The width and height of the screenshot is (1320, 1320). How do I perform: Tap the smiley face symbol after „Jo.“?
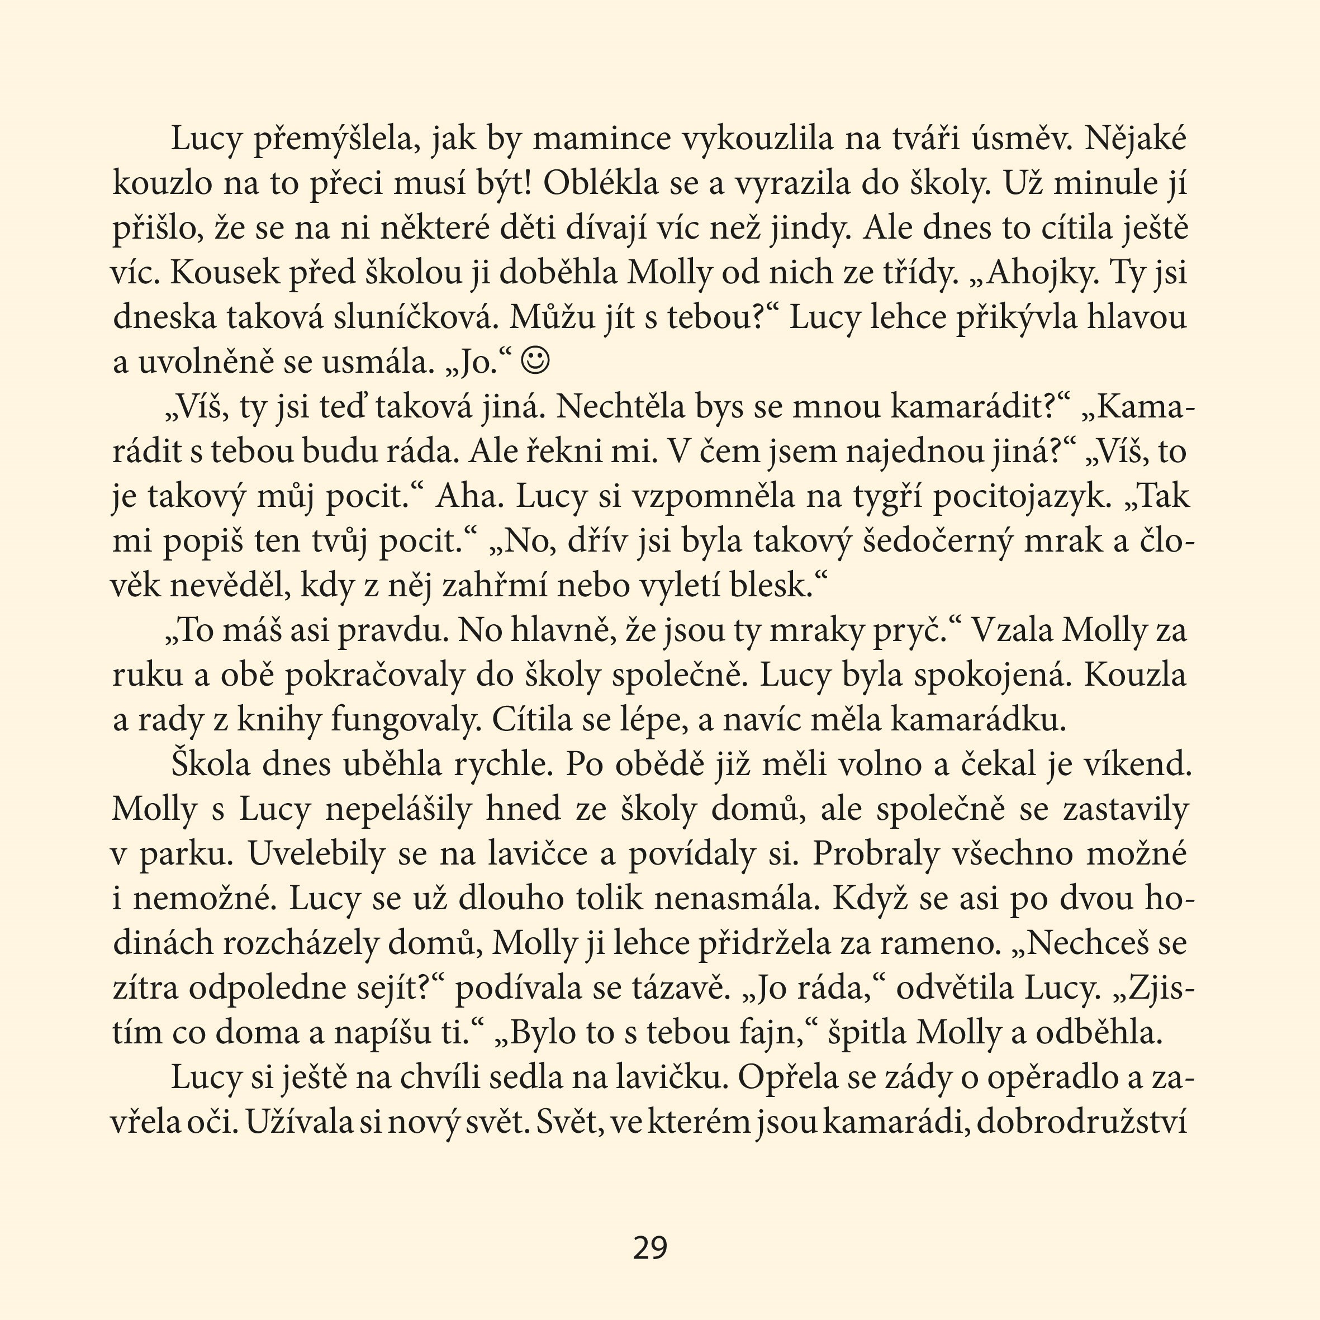(x=534, y=362)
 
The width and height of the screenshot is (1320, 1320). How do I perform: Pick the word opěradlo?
(x=1049, y=1077)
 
